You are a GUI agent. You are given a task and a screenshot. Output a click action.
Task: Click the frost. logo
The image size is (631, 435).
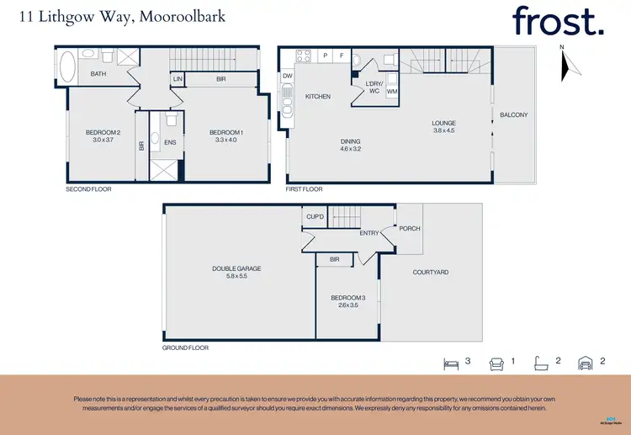tap(558, 20)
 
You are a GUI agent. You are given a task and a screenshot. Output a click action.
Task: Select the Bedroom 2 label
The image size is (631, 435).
tap(103, 132)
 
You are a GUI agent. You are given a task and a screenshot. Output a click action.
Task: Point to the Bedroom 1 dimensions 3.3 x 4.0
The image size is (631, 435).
tap(226, 141)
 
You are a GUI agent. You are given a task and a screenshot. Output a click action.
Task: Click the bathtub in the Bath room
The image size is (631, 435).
tap(68, 64)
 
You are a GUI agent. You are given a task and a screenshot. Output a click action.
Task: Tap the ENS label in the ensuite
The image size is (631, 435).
tap(170, 142)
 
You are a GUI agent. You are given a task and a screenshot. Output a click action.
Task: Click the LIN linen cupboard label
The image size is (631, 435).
tap(178, 79)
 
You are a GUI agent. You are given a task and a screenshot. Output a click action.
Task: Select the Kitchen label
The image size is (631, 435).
tap(317, 97)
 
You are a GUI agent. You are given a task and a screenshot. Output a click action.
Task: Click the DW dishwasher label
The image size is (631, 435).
tap(287, 76)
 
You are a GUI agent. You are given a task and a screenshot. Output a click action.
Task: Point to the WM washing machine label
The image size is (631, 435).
tap(392, 91)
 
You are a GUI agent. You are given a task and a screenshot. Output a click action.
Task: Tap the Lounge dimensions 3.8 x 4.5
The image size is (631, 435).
tap(443, 131)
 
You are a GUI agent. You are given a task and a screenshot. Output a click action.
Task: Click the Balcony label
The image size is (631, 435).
tap(513, 114)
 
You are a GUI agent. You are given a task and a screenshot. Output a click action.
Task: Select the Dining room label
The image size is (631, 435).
tap(350, 141)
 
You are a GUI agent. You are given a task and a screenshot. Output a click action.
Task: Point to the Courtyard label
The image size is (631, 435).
tap(430, 272)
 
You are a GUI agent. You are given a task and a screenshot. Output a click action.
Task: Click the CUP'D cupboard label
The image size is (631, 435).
tap(315, 217)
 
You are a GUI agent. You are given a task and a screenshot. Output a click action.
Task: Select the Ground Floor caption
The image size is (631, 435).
tap(185, 347)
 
